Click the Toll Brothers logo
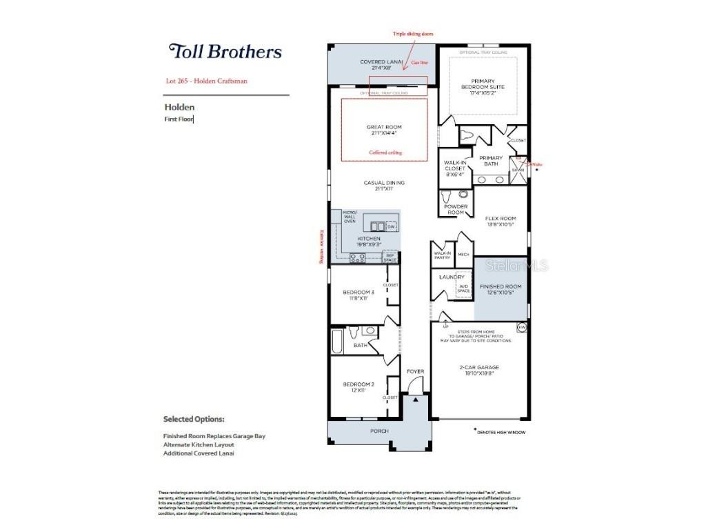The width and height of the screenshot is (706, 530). pos(225,51)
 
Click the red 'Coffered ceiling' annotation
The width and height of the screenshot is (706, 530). pos(385,153)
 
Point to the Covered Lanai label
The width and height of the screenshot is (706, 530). pos(381,65)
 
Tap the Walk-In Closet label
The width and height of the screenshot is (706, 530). pos(454,169)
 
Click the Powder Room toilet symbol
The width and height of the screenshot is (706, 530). pos(445,196)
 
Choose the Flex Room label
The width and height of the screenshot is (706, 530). pos(501,222)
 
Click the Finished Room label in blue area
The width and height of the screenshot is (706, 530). pos(501,289)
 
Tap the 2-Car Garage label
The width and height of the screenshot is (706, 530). pos(479,370)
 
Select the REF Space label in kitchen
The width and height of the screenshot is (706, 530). pos(390,257)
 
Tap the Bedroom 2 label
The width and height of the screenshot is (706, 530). pos(359,387)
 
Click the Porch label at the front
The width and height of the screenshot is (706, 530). pos(379,431)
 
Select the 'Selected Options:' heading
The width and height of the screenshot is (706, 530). pos(194,419)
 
